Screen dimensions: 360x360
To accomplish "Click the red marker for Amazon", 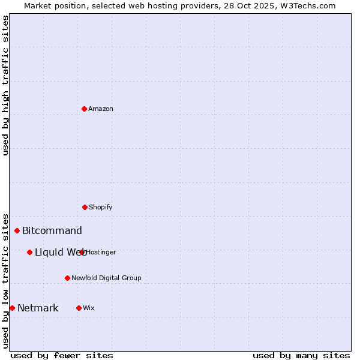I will pos(84,109).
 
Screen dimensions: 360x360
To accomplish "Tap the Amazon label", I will pos(101,109).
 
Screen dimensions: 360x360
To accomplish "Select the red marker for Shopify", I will pos(85,207).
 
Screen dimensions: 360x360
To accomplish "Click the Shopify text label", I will pos(101,208).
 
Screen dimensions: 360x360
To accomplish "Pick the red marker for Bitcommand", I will pos(17,230).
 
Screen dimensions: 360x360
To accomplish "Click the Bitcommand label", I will pos(52,231).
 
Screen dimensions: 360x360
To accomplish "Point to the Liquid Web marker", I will pos(29,252).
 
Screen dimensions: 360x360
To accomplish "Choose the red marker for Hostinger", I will pos(82,252).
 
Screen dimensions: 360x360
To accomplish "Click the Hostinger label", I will pos(101,253).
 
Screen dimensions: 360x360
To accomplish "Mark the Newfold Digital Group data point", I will pos(67,278).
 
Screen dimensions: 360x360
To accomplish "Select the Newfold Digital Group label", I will pos(106,278).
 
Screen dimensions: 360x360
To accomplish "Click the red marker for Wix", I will pos(79,308).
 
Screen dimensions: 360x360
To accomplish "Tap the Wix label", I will pos(89,308).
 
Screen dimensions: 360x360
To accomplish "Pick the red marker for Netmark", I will pos(12,308).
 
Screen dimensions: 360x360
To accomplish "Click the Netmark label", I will pos(38,308).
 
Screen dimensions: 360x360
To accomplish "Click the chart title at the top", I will pos(180,5).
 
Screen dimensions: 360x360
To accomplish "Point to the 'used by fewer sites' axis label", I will pos(62,355).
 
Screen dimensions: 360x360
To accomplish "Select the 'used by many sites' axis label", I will pos(301,355).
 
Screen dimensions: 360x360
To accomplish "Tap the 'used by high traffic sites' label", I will pos(5,85).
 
